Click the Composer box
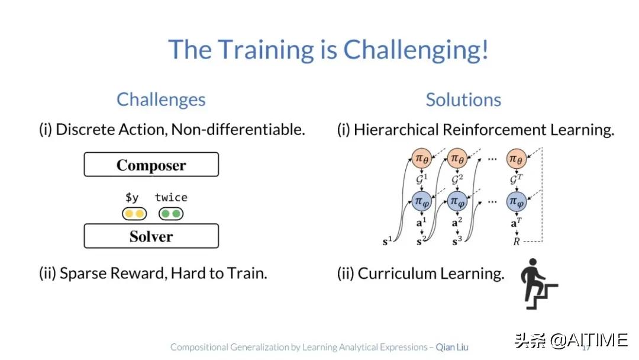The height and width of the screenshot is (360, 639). (151, 164)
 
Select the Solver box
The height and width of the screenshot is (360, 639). (151, 236)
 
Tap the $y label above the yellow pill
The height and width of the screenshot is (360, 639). (132, 198)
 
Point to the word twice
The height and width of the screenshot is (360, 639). (171, 197)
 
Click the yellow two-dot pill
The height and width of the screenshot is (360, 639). (134, 214)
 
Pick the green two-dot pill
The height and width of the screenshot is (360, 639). (171, 214)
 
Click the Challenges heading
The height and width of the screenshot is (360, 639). (161, 100)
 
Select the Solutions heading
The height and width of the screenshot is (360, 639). (463, 100)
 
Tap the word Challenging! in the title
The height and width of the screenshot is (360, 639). (416, 50)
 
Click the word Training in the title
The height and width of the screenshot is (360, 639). (266, 50)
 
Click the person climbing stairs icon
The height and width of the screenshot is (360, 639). (539, 284)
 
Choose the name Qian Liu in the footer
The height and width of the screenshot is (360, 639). (452, 347)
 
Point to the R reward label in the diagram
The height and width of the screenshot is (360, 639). (517, 242)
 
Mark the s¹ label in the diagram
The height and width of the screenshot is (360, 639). (387, 241)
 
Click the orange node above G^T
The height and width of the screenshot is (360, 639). (517, 159)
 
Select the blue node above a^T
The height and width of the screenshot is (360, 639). (517, 201)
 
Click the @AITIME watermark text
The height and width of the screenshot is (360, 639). (589, 340)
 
